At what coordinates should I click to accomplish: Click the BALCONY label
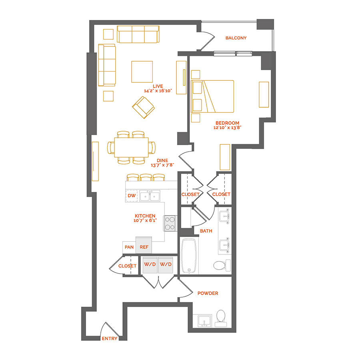point(236,38)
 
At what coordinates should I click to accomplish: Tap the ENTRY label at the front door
point(110,338)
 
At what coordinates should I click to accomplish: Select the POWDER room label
point(208,293)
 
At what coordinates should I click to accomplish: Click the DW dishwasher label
point(132,196)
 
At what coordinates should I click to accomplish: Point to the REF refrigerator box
point(144,245)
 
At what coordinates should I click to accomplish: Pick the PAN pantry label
point(129,247)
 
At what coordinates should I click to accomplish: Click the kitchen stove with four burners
point(170,223)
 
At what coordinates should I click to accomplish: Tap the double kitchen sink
point(150,196)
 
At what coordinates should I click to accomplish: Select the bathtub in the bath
point(189,256)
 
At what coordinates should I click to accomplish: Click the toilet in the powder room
point(221,318)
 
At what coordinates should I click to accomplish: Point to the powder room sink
point(204,321)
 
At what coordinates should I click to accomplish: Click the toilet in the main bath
point(222,266)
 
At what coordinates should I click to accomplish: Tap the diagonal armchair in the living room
point(143,108)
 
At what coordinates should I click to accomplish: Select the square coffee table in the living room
point(142,72)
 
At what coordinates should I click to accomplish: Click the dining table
point(131,147)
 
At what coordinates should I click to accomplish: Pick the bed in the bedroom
point(212,96)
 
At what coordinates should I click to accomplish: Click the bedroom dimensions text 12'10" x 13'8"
point(227,128)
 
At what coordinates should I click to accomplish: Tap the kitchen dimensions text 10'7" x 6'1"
point(145,220)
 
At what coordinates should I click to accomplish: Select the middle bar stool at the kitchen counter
point(146,178)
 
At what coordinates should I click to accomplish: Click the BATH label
point(206,231)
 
